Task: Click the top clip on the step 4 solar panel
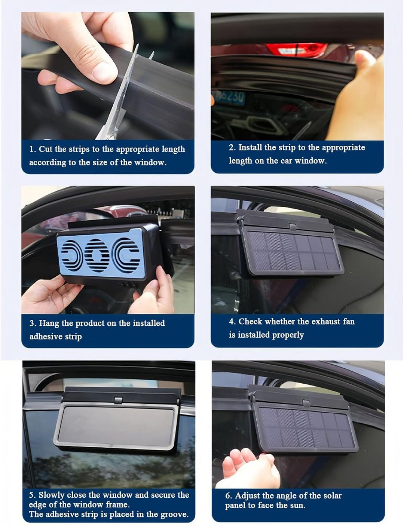(x=292, y=226)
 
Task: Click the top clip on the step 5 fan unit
(x=119, y=400)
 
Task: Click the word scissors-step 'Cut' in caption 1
(x=46, y=149)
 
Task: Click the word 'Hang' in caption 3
(x=49, y=323)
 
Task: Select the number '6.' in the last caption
(x=229, y=496)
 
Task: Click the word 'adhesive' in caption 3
(x=46, y=337)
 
